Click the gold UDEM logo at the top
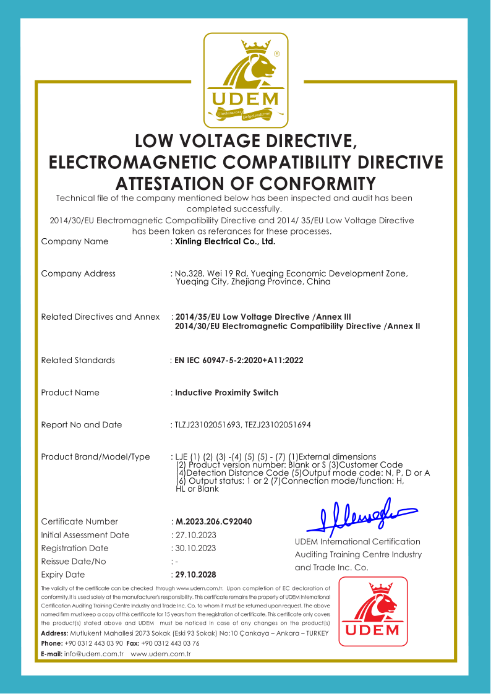coord(246,80)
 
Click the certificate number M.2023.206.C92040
coord(214,521)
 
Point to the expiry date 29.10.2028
coord(197,575)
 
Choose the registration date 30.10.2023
coord(195,548)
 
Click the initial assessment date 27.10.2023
coord(195,535)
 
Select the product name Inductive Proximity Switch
coord(226,393)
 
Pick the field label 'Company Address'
coord(78,273)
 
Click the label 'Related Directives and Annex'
coord(100,317)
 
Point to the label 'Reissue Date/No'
coord(74,562)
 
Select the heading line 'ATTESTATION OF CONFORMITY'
coord(246,184)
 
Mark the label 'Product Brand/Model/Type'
coord(95,457)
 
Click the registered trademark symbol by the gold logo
coord(276,54)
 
